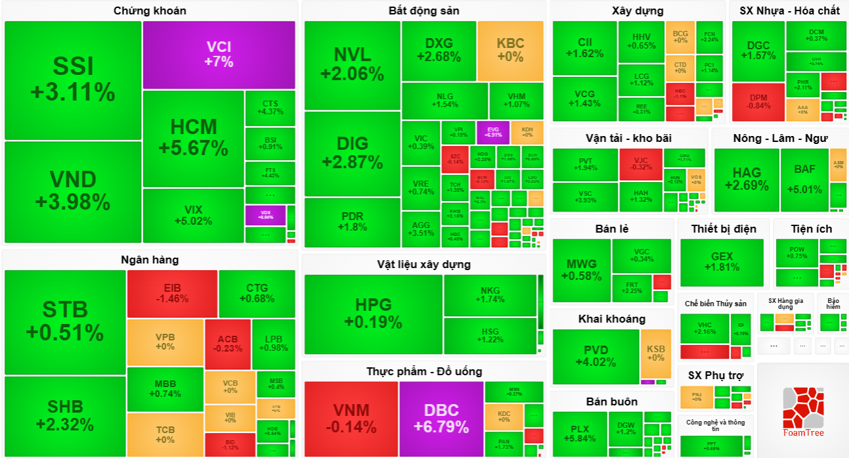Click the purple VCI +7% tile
click(x=219, y=55)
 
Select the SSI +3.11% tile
click(x=73, y=80)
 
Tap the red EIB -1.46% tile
click(x=172, y=293)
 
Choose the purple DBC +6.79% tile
click(x=441, y=419)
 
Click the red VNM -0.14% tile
click(x=351, y=419)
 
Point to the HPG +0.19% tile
click(x=373, y=313)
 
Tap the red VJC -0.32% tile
click(x=640, y=164)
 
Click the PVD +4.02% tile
click(x=596, y=355)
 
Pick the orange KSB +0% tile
click(x=655, y=354)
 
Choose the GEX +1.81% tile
click(x=722, y=262)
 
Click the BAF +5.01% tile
click(x=804, y=179)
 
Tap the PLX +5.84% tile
click(x=579, y=434)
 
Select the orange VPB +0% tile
click(x=165, y=342)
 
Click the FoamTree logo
click(x=802, y=410)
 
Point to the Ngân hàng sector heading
click(x=150, y=260)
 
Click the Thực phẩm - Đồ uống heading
click(x=424, y=371)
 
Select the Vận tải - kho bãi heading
click(x=628, y=138)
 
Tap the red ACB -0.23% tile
click(x=227, y=344)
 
